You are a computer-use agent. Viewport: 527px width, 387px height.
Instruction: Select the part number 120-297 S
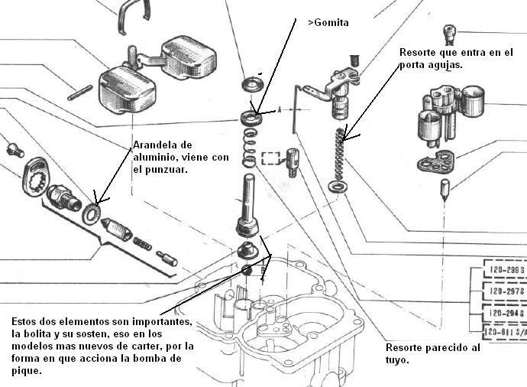point(506,292)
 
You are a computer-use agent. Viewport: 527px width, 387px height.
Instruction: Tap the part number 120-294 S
point(506,313)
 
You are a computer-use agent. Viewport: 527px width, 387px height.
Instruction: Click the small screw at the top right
point(449,34)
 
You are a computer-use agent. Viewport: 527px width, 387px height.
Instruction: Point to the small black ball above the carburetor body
point(247,270)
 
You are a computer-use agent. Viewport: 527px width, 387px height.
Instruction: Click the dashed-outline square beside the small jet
point(270,159)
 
